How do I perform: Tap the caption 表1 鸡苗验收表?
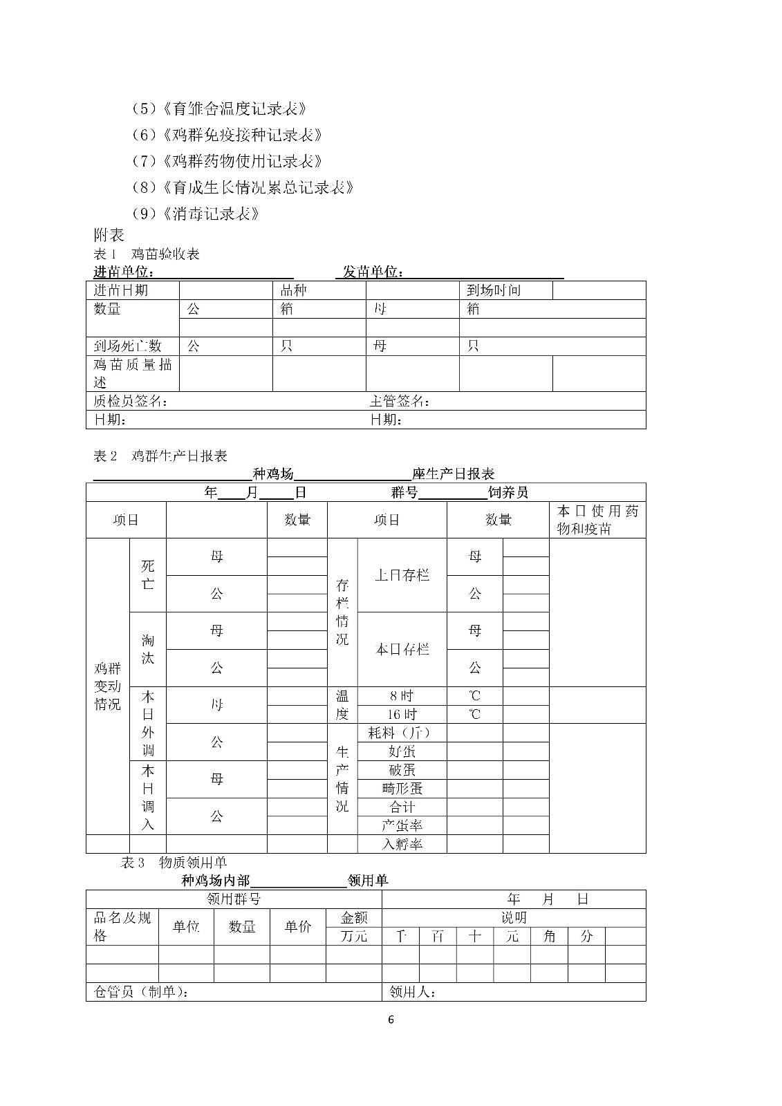coord(147,254)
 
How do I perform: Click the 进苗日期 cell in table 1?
coord(121,290)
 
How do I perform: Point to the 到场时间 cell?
coord(493,290)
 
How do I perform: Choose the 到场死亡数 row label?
coord(127,346)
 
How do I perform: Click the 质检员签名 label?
coord(131,401)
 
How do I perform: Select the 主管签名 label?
coord(400,401)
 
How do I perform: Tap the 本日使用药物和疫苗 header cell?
coord(597,520)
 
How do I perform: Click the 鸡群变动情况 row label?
coord(107,686)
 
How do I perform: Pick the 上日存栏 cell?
coord(402,575)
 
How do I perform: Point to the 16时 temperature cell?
coord(402,714)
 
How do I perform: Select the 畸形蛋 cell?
coord(402,788)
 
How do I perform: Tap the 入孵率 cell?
coord(402,844)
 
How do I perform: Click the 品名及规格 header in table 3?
coord(122,926)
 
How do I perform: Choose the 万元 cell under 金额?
coord(354,937)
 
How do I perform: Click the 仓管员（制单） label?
coord(141,992)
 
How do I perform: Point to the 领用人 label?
coord(412,992)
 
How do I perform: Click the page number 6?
coord(391,1020)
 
